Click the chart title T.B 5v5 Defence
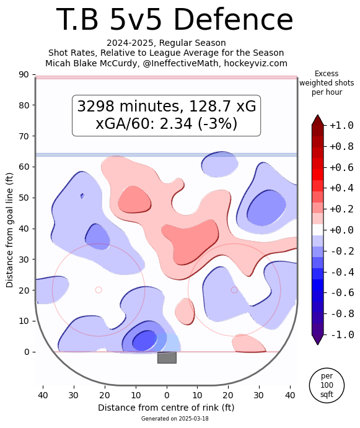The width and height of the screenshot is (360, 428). pos(174,20)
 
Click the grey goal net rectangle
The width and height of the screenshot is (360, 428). pos(167,357)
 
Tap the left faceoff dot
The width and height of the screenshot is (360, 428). pos(99,290)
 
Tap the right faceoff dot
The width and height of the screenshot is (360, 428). pos(234,290)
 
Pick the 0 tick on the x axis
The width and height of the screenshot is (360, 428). pos(166,394)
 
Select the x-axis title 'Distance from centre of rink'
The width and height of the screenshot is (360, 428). pos(166,408)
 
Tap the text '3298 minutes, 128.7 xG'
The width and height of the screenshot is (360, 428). pos(166,107)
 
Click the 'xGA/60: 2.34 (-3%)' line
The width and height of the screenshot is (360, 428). pos(166,123)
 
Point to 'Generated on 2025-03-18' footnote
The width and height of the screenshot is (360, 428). pos(166,419)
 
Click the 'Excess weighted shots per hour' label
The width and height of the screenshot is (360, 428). pos(327,83)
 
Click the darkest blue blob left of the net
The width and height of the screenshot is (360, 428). pos(144,341)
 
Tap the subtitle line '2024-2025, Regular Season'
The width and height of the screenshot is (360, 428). pos(166,43)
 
